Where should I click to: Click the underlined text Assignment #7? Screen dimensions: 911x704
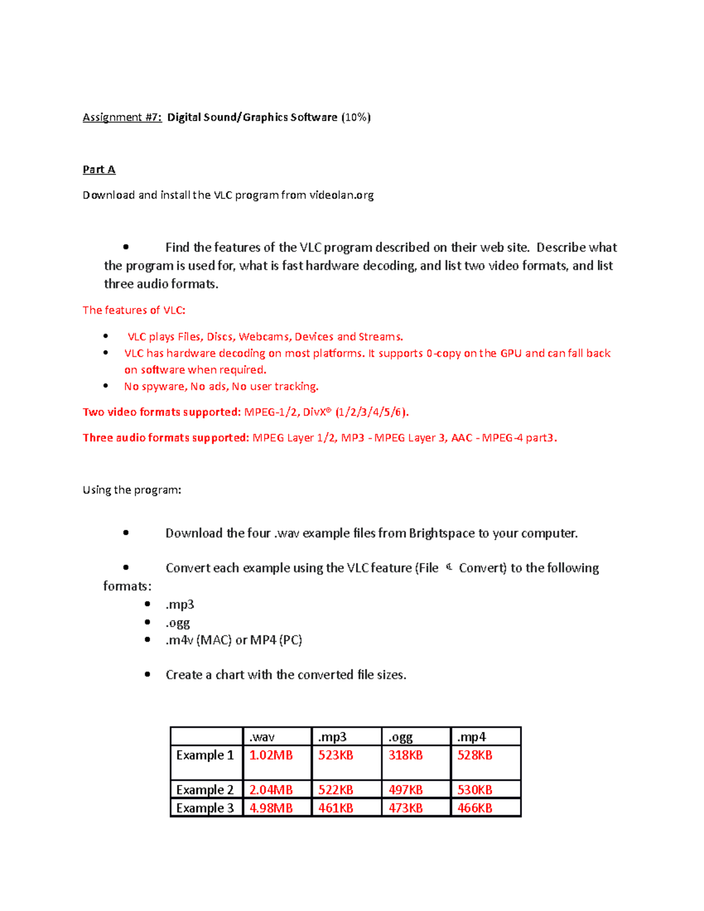click(122, 117)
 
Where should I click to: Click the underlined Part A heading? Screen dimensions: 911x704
click(99, 170)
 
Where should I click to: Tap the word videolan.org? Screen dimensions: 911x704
click(341, 195)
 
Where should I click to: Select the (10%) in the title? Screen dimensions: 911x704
click(356, 117)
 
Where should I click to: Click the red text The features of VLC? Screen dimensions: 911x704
click(134, 310)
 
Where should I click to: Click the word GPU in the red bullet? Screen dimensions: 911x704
click(510, 353)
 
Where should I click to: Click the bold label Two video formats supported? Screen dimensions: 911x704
click(161, 412)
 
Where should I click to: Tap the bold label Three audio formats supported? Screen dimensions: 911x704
click(166, 438)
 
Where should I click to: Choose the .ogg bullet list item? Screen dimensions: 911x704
click(178, 622)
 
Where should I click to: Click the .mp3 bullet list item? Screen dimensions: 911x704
click(180, 605)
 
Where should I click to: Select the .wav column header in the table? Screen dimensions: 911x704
click(262, 737)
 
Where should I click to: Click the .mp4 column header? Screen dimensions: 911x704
click(471, 737)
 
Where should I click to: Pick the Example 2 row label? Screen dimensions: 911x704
click(205, 790)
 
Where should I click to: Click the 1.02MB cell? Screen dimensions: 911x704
click(271, 756)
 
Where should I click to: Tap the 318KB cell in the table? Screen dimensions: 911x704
click(405, 756)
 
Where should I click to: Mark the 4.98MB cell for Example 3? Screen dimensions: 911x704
click(271, 808)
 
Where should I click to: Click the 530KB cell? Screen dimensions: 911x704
click(475, 790)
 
